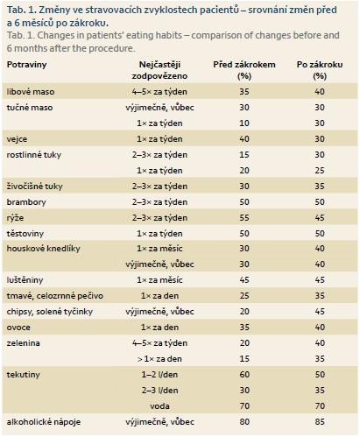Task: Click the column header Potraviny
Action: pyautogui.click(x=26, y=65)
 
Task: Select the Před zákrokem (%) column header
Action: pyautogui.click(x=244, y=70)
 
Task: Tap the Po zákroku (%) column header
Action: pyautogui.click(x=320, y=70)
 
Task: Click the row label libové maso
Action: pyautogui.click(x=31, y=92)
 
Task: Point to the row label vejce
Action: pyautogui.click(x=17, y=139)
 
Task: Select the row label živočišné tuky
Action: pyautogui.click(x=35, y=187)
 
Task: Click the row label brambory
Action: pyautogui.click(x=26, y=202)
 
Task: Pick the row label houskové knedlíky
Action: pyautogui.click(x=44, y=249)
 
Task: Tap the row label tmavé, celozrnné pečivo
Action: pyautogui.click(x=55, y=296)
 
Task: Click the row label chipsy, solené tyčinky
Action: pyautogui.click(x=50, y=312)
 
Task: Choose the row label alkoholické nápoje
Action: pyautogui.click(x=44, y=422)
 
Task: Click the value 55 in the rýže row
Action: pyautogui.click(x=244, y=218)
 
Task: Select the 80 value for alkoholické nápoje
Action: pyautogui.click(x=244, y=422)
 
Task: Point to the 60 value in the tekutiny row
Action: pyautogui.click(x=244, y=375)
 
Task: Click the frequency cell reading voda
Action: pyautogui.click(x=159, y=406)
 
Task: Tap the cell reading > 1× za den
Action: pyautogui.click(x=159, y=359)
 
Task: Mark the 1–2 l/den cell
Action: pyautogui.click(x=159, y=375)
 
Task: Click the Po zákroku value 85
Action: pyautogui.click(x=320, y=422)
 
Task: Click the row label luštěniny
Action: pyautogui.click(x=25, y=280)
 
